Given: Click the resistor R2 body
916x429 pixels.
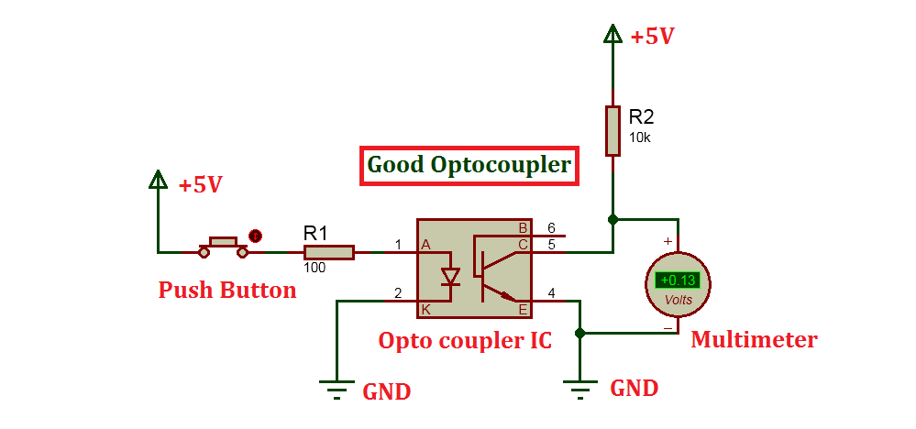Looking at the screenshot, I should (x=613, y=131).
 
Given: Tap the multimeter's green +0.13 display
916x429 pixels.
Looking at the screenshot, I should (x=678, y=280).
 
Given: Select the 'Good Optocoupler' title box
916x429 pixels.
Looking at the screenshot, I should (x=469, y=166).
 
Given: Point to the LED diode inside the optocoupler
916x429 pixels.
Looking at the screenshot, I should (x=449, y=276).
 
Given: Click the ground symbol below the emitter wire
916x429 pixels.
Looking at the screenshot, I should (x=579, y=390).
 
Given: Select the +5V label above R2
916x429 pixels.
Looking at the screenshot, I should (x=652, y=37).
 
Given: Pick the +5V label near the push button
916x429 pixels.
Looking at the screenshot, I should (x=200, y=185).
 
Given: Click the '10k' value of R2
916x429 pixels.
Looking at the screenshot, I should (x=639, y=137).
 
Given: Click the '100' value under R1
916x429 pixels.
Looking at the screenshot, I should (x=315, y=269).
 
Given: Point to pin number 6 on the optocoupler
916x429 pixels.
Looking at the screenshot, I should (x=551, y=227).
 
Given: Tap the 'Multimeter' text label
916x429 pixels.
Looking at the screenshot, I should (x=754, y=340).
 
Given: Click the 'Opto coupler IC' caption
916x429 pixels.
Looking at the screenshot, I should (x=465, y=341).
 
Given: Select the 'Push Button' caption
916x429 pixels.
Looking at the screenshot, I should (x=227, y=291).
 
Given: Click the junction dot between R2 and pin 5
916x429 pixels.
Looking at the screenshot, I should (x=613, y=220).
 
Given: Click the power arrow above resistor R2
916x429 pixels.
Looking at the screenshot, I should (x=613, y=35).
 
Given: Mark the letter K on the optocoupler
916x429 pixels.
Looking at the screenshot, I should (x=426, y=309).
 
